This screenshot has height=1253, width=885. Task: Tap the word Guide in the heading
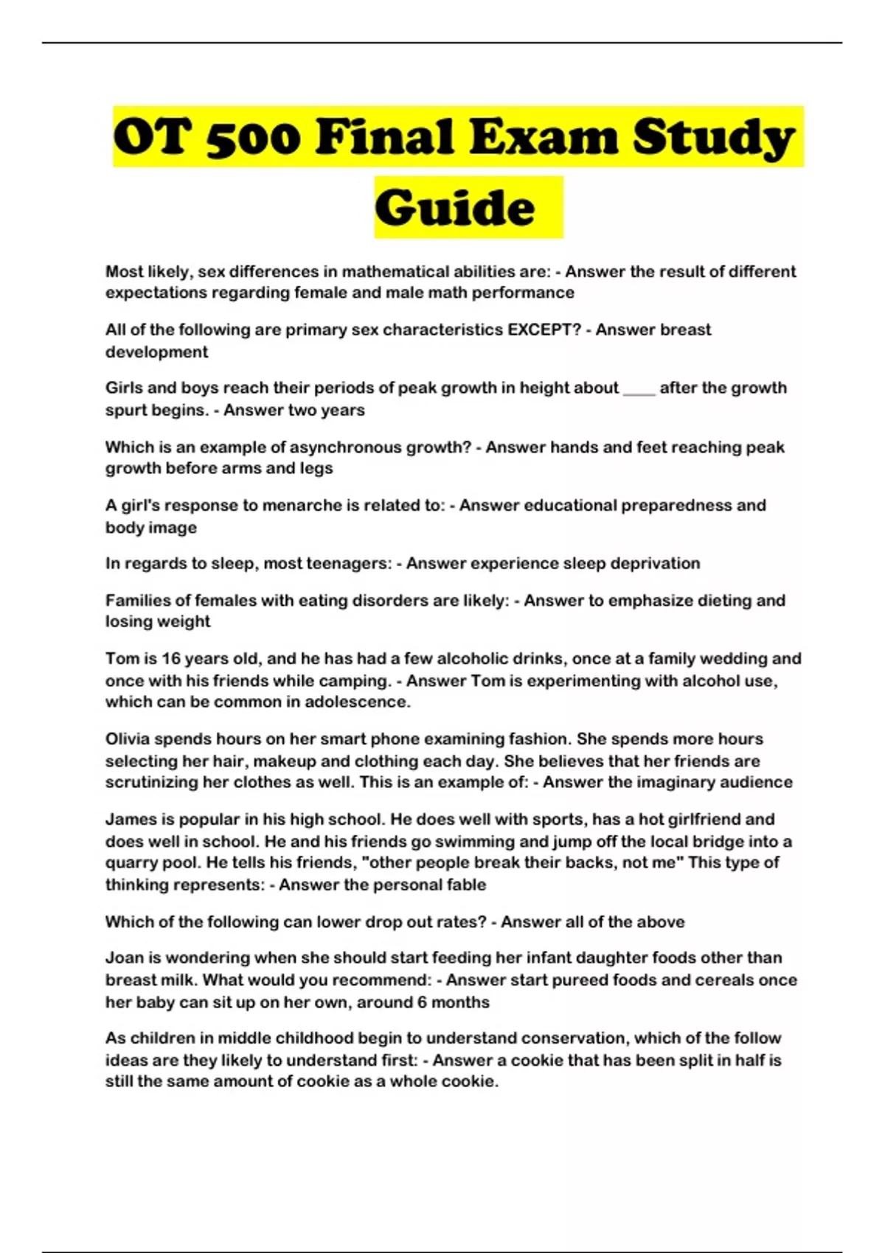coord(455,207)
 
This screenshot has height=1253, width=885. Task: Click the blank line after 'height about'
coord(639,388)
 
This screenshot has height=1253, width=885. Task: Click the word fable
coord(466,884)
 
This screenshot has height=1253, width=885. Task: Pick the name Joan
coord(122,958)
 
